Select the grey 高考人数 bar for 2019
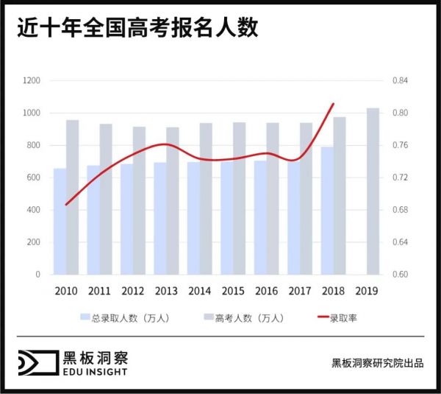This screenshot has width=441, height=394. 373,191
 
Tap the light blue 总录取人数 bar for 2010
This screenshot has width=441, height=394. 60,221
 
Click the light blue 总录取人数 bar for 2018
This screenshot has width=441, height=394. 326,211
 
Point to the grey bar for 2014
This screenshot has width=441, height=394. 206,199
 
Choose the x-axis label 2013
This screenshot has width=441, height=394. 166,290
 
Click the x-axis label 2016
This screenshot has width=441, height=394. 266,290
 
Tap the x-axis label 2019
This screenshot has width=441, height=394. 366,290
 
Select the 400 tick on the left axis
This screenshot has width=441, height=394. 34,210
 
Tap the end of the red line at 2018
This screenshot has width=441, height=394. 334,104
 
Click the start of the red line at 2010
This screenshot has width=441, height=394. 65,205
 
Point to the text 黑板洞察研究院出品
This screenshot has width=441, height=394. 377,363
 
